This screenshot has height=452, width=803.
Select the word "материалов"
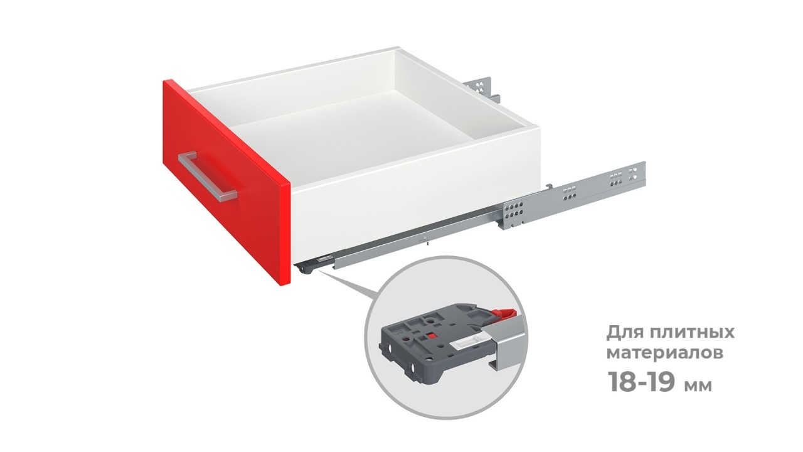click(664, 353)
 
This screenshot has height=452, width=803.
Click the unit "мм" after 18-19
click(698, 385)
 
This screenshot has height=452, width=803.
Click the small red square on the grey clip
click(432, 336)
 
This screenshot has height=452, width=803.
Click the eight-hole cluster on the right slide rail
click(514, 212)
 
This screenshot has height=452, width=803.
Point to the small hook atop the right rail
click(548, 186)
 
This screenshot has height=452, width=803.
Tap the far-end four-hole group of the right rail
click(633, 173)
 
